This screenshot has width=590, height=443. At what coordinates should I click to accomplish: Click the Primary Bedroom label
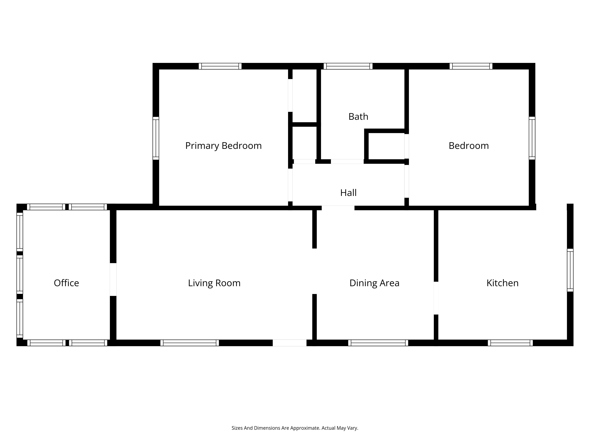[223, 146]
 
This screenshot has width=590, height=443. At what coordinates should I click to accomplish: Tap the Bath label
[358, 117]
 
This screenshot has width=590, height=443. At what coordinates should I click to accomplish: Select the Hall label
[348, 193]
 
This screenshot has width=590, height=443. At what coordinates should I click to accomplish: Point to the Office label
[66, 283]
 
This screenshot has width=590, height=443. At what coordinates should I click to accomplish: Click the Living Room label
[214, 283]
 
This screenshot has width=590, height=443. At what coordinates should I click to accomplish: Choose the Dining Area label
[375, 283]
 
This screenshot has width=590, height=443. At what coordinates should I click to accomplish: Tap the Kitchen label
[503, 283]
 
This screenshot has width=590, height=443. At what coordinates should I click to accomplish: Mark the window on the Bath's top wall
[348, 66]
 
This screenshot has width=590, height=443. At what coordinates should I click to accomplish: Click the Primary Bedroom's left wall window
[156, 138]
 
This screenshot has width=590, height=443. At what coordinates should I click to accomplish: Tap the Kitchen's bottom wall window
[510, 343]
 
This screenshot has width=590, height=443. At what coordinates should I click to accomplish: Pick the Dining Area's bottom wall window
[378, 343]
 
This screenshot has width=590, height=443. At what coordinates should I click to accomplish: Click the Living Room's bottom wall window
[190, 343]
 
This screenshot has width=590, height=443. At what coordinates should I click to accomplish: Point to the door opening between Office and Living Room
[113, 280]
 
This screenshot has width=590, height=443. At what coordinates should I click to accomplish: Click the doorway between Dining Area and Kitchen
[436, 298]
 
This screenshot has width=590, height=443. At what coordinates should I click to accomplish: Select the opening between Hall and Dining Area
[338, 208]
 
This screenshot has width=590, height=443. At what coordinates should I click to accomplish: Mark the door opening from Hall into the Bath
[347, 162]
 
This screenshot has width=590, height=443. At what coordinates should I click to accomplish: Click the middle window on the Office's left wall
[20, 275]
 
